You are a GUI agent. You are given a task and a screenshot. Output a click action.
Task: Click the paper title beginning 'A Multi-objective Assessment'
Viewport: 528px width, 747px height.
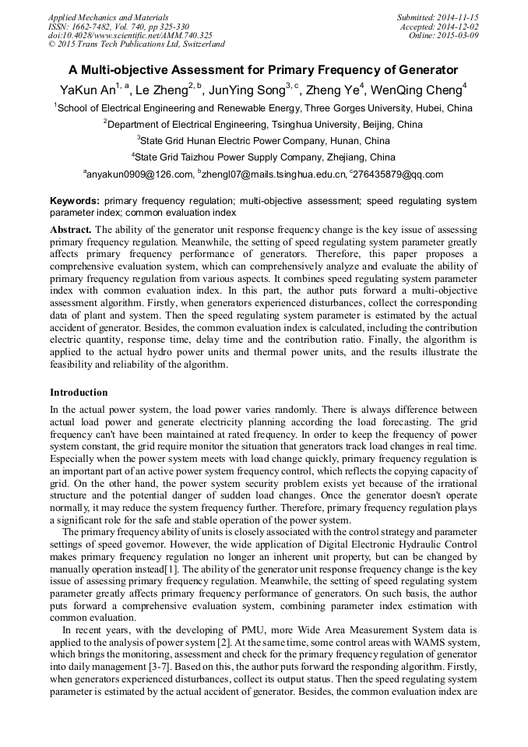(x=263, y=69)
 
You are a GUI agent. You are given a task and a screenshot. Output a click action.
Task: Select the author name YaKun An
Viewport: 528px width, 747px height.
(x=86, y=90)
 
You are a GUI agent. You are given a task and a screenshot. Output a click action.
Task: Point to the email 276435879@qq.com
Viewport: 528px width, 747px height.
(x=398, y=175)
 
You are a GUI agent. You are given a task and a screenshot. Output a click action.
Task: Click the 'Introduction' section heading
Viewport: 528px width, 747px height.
(x=79, y=393)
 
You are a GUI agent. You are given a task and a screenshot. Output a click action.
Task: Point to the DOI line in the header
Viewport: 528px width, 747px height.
(x=130, y=36)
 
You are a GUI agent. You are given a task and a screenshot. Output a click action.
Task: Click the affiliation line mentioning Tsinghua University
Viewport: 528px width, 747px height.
(x=263, y=125)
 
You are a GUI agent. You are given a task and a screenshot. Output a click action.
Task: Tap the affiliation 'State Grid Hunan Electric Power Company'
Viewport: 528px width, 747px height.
(x=263, y=141)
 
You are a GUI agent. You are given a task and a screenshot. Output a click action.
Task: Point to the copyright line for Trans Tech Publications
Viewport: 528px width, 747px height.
(x=136, y=45)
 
